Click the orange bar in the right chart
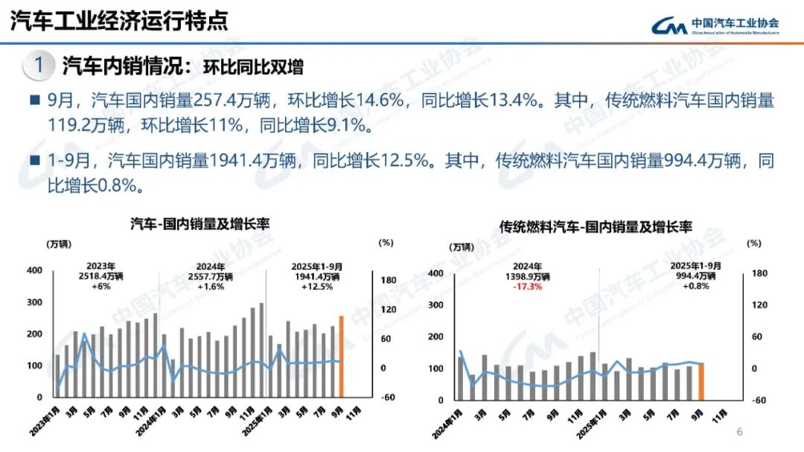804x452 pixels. [x=701, y=381]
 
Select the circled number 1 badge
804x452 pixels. [x=39, y=66]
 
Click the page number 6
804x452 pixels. [x=739, y=432]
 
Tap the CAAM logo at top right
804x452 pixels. [x=715, y=25]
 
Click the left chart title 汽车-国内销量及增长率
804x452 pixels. [x=200, y=223]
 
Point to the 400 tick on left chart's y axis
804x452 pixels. [x=34, y=270]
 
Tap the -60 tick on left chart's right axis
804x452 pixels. [x=387, y=398]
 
